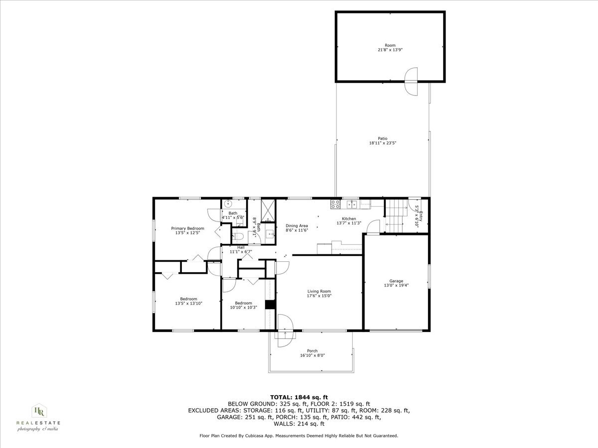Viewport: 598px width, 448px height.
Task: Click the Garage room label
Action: click(x=397, y=281)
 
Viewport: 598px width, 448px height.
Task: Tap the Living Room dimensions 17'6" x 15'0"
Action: click(x=318, y=296)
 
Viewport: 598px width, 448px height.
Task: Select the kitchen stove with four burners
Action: click(x=335, y=203)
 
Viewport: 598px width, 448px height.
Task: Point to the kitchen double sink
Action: click(x=352, y=203)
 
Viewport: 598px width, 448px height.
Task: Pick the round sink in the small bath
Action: click(x=228, y=203)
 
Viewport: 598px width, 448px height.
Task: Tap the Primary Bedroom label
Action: click(x=188, y=228)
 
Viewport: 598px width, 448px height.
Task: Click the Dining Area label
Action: click(x=297, y=225)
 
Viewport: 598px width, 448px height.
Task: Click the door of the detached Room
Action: click(x=411, y=82)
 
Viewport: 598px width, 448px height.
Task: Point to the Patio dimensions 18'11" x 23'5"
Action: click(x=382, y=143)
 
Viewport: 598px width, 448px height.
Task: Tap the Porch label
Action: click(x=312, y=351)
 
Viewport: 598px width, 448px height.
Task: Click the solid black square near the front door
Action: click(x=270, y=305)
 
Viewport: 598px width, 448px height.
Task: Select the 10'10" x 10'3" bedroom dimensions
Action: click(x=243, y=307)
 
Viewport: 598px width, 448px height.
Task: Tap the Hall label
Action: click(x=241, y=247)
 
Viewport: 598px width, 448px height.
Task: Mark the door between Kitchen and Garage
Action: click(x=372, y=228)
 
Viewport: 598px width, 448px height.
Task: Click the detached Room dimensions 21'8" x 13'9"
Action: click(x=390, y=50)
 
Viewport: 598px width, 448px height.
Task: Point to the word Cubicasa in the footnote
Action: click(x=254, y=436)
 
